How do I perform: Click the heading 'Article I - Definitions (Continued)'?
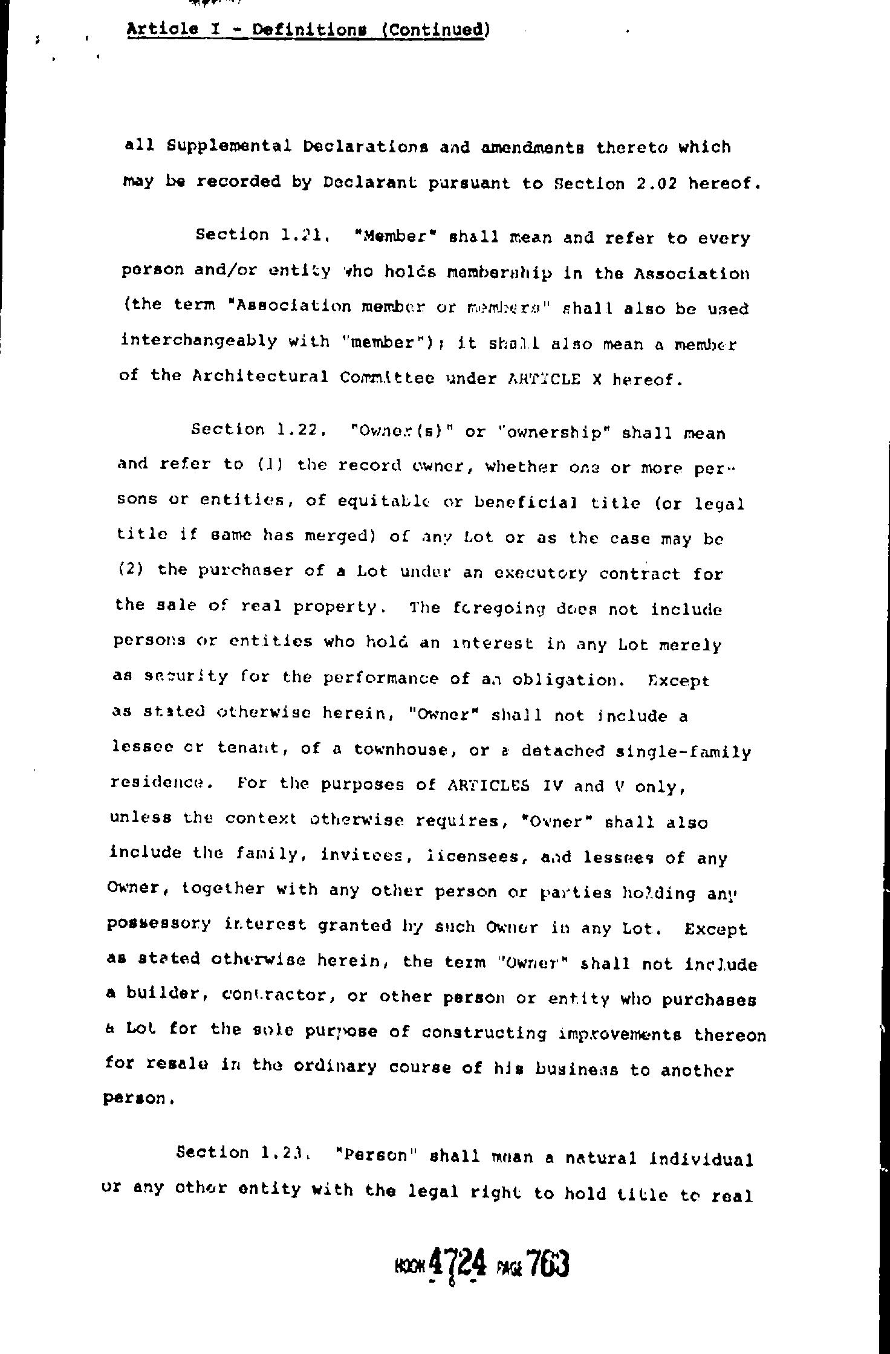tap(307, 30)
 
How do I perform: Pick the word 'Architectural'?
tap(260, 377)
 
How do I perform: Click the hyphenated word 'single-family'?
tap(683, 751)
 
